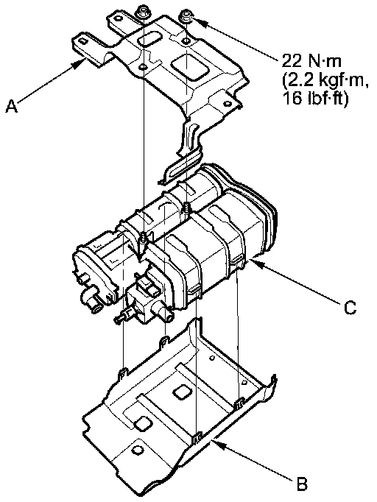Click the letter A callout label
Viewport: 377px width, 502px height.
click(12, 106)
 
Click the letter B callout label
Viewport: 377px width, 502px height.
click(302, 484)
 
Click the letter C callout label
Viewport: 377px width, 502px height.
click(350, 308)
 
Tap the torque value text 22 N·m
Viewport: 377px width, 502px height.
click(311, 61)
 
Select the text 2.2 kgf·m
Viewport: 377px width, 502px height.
click(325, 80)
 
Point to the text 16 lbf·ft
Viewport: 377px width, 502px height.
click(315, 98)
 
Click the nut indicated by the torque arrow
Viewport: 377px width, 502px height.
click(186, 18)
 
